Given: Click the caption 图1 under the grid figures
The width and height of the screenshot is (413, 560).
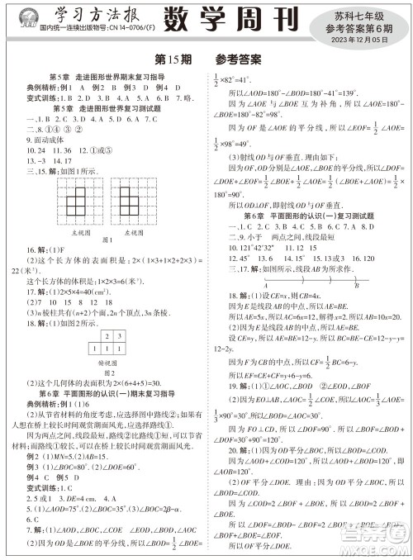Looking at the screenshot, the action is pos(108,240).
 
